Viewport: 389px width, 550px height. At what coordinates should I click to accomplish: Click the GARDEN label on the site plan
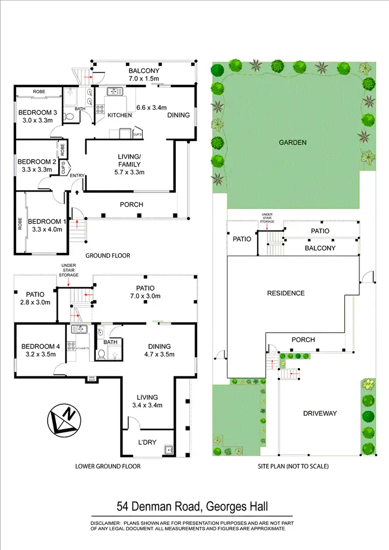pyautogui.click(x=293, y=143)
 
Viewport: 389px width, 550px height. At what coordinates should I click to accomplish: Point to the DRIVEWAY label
pyautogui.click(x=321, y=413)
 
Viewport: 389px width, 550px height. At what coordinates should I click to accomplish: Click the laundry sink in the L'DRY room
pyautogui.click(x=168, y=449)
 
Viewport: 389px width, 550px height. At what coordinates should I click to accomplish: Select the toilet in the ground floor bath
pyautogui.click(x=69, y=116)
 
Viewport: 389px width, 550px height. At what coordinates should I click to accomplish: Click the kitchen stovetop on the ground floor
pyautogui.click(x=99, y=109)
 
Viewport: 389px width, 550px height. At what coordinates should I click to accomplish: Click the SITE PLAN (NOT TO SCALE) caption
pyautogui.click(x=293, y=466)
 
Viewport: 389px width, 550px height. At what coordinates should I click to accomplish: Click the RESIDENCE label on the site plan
pyautogui.click(x=286, y=293)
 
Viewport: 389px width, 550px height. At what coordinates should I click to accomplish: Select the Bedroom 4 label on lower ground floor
pyautogui.click(x=39, y=347)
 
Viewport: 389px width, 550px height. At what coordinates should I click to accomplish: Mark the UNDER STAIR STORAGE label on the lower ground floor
pyautogui.click(x=68, y=270)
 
